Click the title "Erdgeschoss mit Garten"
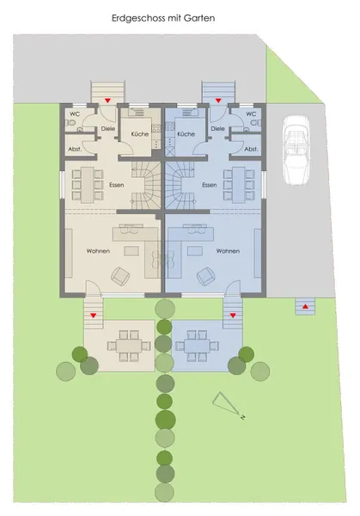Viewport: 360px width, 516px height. coord(163,18)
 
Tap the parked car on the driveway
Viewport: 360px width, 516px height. coord(296,150)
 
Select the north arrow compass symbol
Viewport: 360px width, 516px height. coord(228,404)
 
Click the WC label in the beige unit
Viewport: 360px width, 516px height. coord(75,114)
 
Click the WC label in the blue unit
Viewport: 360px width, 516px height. coord(251,114)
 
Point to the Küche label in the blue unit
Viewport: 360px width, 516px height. coord(186,134)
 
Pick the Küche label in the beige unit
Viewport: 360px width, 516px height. coord(140,134)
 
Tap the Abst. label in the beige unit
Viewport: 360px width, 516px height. coord(75,149)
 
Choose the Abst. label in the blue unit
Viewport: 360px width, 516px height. coord(251,149)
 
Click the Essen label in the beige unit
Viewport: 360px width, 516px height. coord(117,185)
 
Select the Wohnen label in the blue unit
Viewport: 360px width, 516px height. coord(228,251)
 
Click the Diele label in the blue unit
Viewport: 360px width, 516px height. coord(217,128)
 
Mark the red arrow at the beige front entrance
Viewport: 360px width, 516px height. coord(107,101)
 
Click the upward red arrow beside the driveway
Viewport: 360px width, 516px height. coord(305,306)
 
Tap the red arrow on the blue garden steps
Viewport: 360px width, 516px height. coord(233,316)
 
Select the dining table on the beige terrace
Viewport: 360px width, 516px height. coord(129,346)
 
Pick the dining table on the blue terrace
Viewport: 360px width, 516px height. coord(197,346)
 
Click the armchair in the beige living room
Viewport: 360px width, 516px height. coord(120,276)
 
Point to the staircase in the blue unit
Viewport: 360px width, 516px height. coord(180,185)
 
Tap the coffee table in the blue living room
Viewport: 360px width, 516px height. coord(195,251)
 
